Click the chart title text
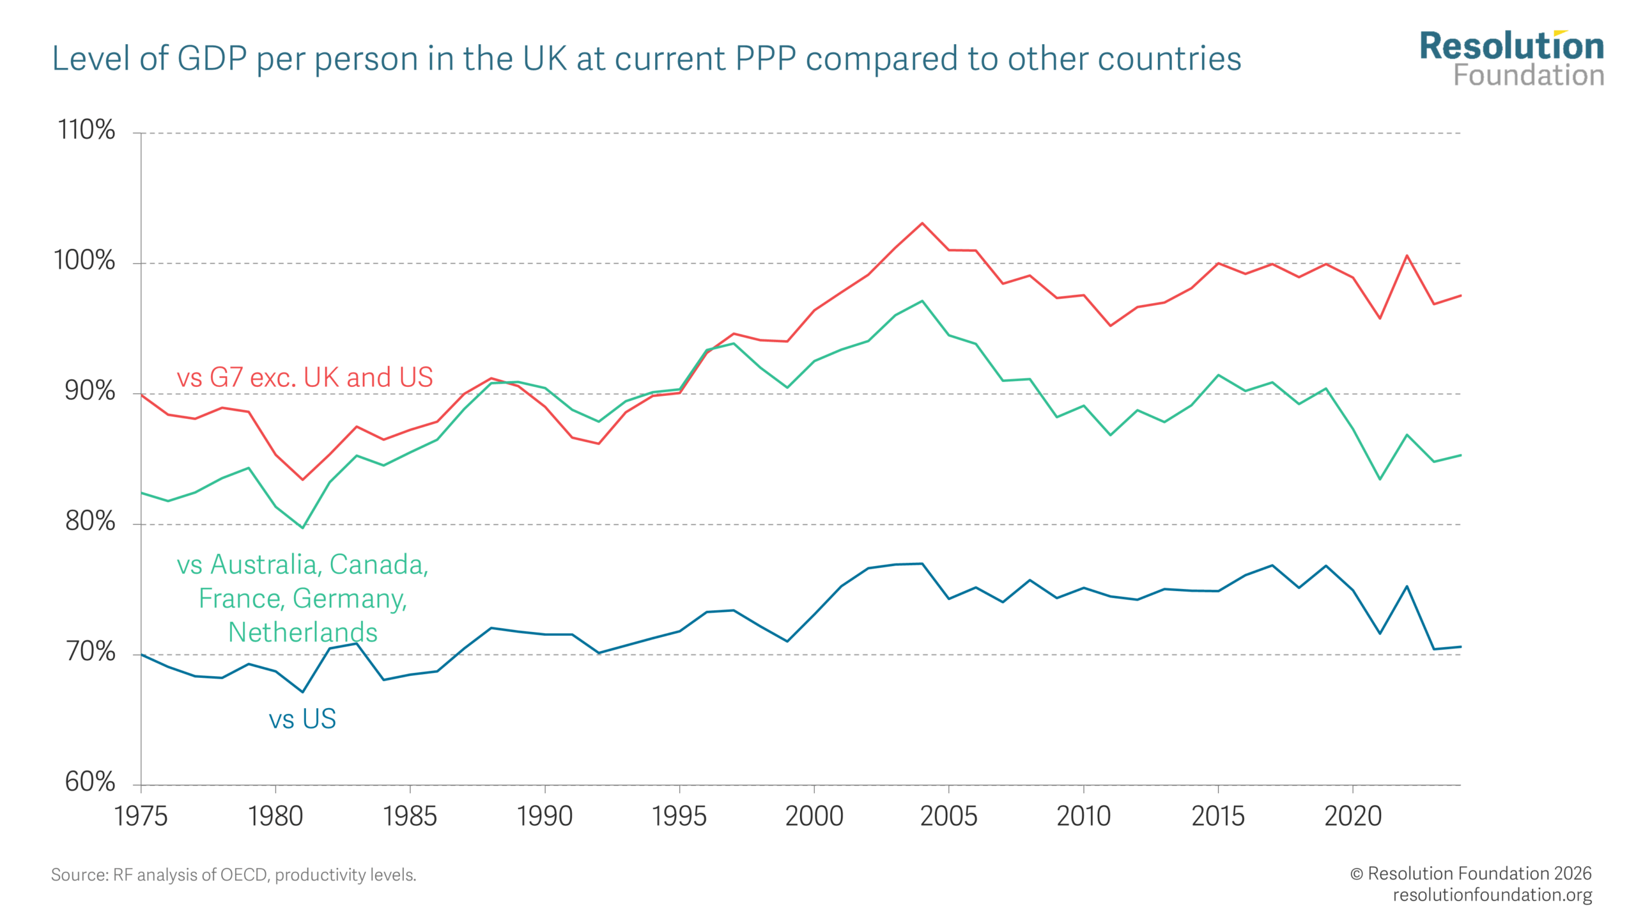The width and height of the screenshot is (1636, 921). pyautogui.click(x=646, y=59)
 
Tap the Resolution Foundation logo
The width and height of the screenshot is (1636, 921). pyautogui.click(x=1511, y=59)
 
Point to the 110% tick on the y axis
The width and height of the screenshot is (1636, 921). pyautogui.click(x=86, y=130)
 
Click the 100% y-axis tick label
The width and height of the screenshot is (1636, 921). pyautogui.click(x=84, y=260)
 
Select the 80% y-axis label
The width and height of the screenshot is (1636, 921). pyautogui.click(x=89, y=521)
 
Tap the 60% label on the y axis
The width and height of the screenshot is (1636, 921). pyautogui.click(x=89, y=782)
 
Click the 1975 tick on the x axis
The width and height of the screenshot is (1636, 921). pyautogui.click(x=141, y=816)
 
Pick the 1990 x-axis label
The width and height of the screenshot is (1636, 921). pyautogui.click(x=544, y=816)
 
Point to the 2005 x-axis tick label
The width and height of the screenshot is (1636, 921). pyautogui.click(x=948, y=816)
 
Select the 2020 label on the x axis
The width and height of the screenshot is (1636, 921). pyautogui.click(x=1352, y=816)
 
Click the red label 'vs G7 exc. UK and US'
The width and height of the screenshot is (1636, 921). pyautogui.click(x=305, y=377)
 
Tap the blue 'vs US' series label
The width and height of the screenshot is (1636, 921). pyautogui.click(x=302, y=719)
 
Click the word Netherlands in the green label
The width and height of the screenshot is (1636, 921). pyautogui.click(x=303, y=632)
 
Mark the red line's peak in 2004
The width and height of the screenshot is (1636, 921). pyautogui.click(x=922, y=223)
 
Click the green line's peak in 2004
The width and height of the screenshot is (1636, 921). pyautogui.click(x=922, y=301)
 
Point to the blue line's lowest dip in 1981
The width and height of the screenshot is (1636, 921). pyautogui.click(x=302, y=692)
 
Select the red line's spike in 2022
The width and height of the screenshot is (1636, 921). pyautogui.click(x=1407, y=256)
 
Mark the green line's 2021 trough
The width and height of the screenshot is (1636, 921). pyautogui.click(x=1380, y=479)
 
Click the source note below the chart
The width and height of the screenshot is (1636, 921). pyautogui.click(x=233, y=874)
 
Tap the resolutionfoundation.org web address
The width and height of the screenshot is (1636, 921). pyautogui.click(x=1492, y=894)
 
